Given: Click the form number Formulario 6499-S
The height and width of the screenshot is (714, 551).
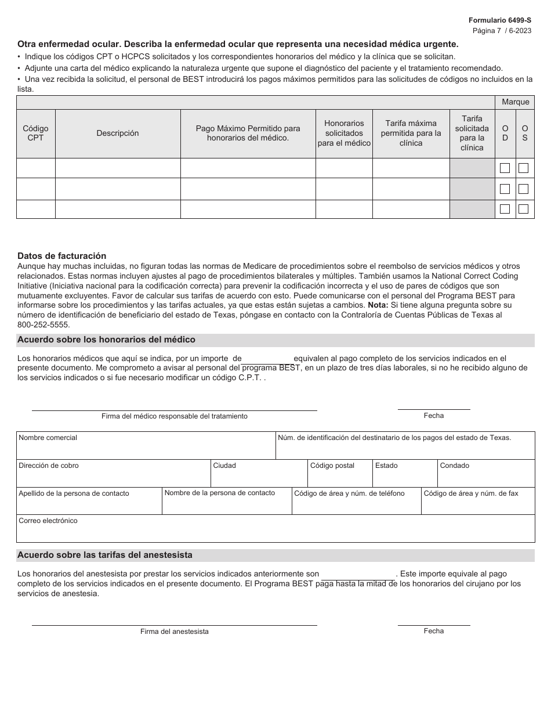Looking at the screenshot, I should click(x=499, y=20).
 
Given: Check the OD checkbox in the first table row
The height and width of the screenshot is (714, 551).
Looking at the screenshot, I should click(x=505, y=168).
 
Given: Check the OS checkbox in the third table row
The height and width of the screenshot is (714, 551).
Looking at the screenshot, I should click(x=524, y=209).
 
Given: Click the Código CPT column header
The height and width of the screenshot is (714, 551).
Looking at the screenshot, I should click(x=35, y=133).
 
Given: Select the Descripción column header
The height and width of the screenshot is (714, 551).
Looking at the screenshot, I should click(x=118, y=133).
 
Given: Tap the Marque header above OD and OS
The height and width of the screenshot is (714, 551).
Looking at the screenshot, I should click(x=515, y=102).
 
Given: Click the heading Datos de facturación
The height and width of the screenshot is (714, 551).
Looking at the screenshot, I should click(x=62, y=255).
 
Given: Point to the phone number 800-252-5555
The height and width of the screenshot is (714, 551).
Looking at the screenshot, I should click(x=43, y=324).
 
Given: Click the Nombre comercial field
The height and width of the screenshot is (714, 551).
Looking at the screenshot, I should click(x=145, y=449).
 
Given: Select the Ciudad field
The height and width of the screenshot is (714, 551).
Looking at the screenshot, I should click(x=258, y=477).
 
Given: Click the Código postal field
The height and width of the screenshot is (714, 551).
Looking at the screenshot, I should click(x=339, y=477).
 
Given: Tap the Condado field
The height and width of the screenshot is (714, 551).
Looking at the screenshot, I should click(x=485, y=477).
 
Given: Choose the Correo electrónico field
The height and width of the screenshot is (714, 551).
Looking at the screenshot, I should click(x=275, y=531).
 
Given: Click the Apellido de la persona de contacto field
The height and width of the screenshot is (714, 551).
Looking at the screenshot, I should click(x=89, y=504).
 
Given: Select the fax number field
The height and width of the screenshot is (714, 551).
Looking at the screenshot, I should click(x=477, y=504).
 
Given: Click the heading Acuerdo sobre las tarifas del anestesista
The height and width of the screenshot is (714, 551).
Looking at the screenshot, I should click(x=105, y=555).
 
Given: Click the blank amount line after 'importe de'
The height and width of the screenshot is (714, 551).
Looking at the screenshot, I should click(x=267, y=359).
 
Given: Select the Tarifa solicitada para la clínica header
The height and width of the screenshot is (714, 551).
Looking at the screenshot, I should click(x=472, y=133).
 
